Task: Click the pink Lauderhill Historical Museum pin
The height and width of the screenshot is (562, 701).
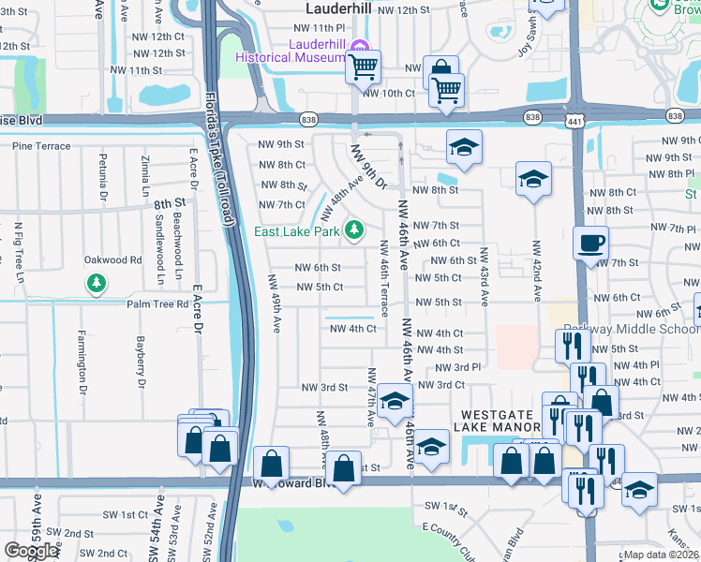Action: point(359,48)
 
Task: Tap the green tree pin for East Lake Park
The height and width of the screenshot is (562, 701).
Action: point(353,229)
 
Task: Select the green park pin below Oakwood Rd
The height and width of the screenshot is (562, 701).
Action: point(96,282)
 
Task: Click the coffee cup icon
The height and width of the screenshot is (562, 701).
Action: point(590,243)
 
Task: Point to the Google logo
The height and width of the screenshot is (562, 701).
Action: point(31,551)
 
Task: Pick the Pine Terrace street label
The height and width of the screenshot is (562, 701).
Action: point(40,146)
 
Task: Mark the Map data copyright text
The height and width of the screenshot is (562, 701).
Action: point(662,555)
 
